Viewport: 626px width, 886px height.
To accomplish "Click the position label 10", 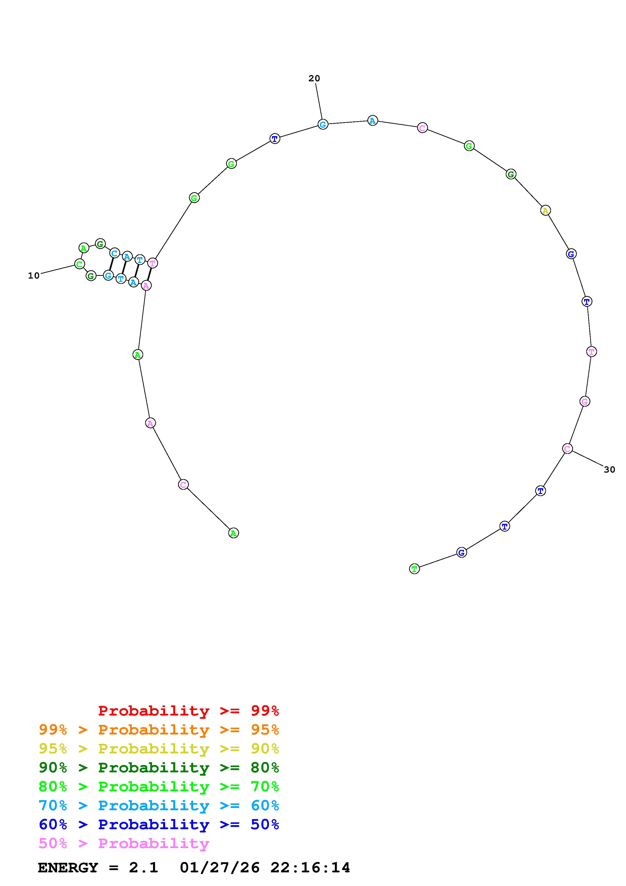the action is coord(34,276).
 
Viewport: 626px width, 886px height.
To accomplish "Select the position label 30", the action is coord(609,470).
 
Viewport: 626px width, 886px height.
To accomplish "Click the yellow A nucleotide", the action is coord(545,211).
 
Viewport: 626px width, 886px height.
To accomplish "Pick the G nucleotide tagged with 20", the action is coord(323,124).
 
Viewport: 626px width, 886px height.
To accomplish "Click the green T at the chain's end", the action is coord(414,569).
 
